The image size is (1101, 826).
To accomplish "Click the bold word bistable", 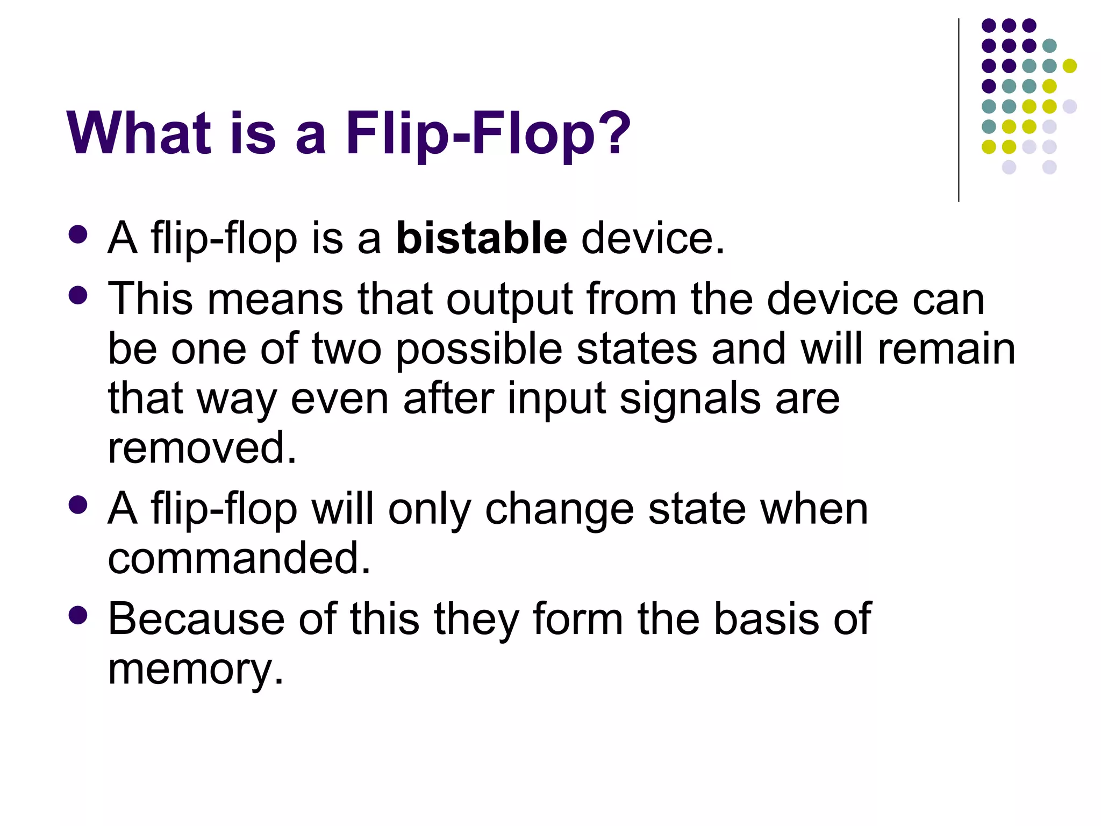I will coord(481,238).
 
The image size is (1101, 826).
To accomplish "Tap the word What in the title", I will coord(139,133).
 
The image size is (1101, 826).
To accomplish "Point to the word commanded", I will coord(239,558).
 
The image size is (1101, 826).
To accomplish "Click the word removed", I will coord(202,447).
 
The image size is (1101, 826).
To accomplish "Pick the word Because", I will coord(196,619).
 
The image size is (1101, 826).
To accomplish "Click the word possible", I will coord(479,350).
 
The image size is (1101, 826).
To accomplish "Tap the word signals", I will coord(690,400).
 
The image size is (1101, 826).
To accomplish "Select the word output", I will coord(509,300).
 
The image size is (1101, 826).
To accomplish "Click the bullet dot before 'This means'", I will coord(78,295).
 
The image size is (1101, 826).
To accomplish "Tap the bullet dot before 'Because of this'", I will coord(78,615).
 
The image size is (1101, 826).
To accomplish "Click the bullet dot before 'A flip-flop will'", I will coord(78,505).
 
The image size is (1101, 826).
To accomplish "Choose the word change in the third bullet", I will coord(559,509).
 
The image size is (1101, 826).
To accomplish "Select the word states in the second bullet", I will coord(637,350).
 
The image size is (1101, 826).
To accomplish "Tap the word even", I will coord(339,400).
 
